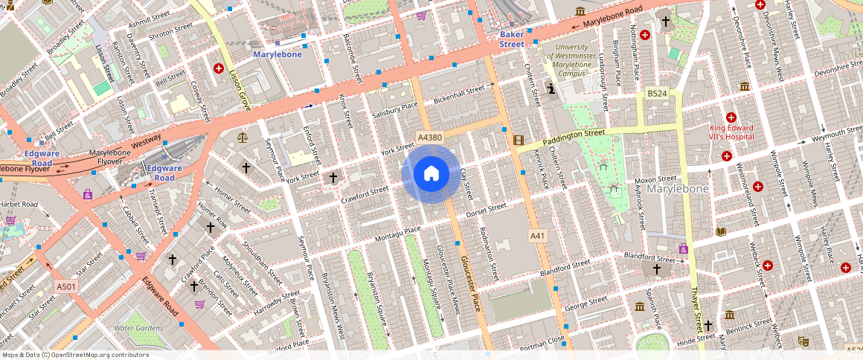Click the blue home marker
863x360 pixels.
tap(431, 174)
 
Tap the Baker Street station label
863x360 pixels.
tap(512, 39)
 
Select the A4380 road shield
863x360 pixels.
tap(430, 138)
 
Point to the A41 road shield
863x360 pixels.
tap(538, 236)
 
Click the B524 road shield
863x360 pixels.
tap(656, 94)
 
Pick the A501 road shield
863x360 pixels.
tap(66, 286)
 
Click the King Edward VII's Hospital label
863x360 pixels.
tap(731, 132)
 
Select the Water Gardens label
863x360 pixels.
tap(138, 327)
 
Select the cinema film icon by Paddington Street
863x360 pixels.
tap(519, 141)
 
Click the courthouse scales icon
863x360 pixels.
tap(242, 137)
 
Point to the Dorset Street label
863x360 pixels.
tap(481, 213)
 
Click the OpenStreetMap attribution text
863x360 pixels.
tap(74, 355)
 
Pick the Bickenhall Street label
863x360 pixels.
tap(459, 94)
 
